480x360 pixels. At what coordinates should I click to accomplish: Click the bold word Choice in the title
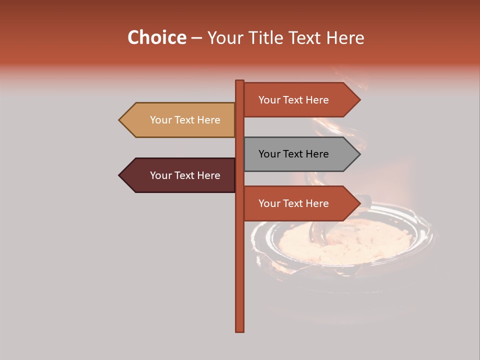156,37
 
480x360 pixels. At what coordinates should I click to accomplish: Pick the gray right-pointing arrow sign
300,154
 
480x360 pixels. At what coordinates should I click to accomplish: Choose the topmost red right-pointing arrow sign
300,100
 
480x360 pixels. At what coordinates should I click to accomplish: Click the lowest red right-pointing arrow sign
300,203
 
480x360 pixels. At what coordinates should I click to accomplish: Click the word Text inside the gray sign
293,154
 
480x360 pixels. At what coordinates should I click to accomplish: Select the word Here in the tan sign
208,120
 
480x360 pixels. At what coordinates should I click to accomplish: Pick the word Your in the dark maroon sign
160,175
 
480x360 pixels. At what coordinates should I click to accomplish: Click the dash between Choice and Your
196,38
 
